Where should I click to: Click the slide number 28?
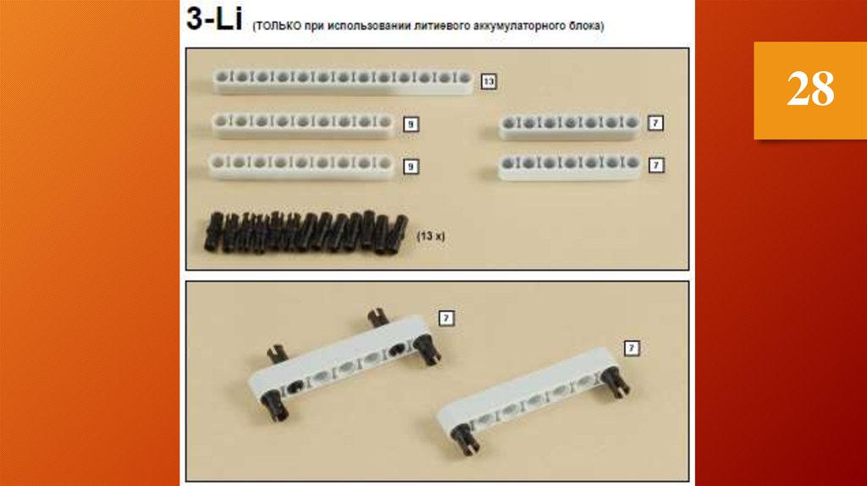tap(810, 89)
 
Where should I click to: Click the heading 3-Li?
tap(214, 19)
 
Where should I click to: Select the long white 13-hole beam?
tap(343, 80)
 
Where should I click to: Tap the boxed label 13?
tap(489, 81)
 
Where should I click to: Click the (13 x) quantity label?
tap(431, 235)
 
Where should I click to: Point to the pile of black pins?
tap(306, 232)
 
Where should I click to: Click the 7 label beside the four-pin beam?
tap(446, 318)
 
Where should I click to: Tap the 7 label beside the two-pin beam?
tap(632, 348)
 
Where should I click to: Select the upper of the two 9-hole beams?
tap(303, 124)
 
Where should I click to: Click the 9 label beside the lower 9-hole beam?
tap(411, 166)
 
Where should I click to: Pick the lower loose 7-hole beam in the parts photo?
tap(570, 166)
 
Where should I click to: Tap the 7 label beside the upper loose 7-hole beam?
tap(655, 122)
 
